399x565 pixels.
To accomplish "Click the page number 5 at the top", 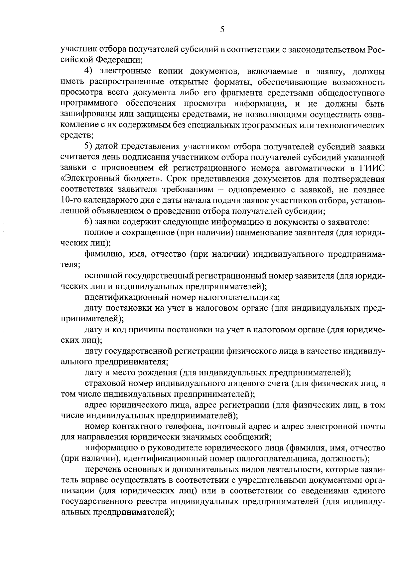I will coord(222,30).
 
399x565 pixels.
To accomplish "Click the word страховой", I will coord(104,384).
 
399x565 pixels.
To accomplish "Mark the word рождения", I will coord(155,373).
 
